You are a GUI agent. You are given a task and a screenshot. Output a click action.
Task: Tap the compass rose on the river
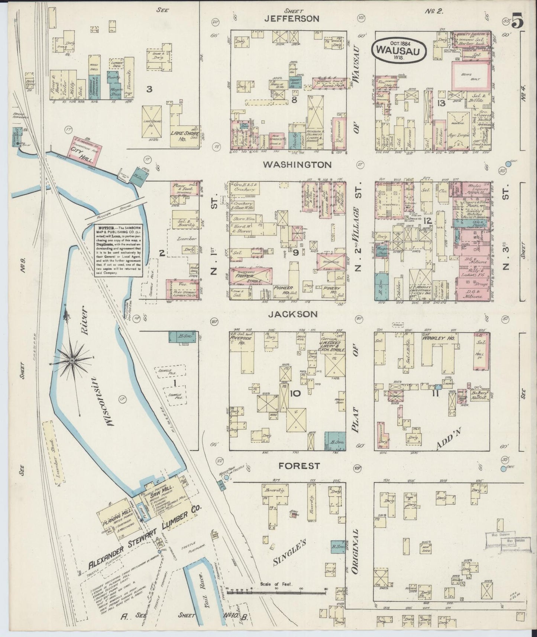(x=72, y=360)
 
